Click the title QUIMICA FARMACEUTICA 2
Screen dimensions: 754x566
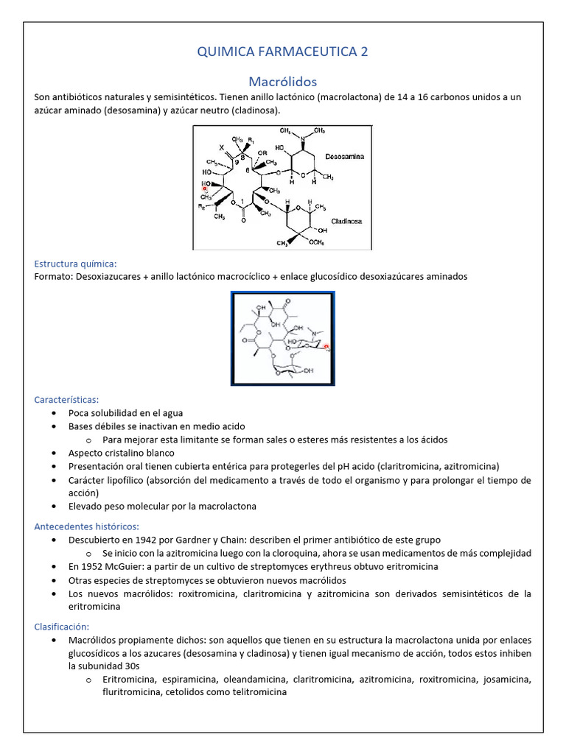coord(283,52)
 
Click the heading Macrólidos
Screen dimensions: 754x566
coord(283,80)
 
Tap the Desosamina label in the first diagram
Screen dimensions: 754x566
coord(347,157)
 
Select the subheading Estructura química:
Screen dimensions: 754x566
coord(75,264)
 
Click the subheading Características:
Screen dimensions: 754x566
coord(71,399)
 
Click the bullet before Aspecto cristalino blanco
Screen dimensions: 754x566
coord(56,453)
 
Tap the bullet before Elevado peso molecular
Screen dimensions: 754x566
coord(56,507)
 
